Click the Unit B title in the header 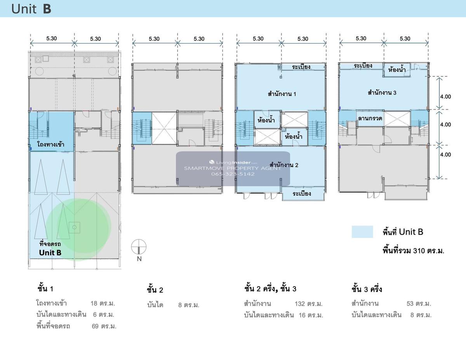(31, 9)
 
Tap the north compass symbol (139, 247)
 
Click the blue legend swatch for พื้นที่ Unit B (362, 232)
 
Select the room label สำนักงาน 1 (282, 93)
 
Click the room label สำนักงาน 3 (382, 92)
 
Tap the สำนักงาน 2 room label (284, 165)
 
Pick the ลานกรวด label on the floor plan (370, 118)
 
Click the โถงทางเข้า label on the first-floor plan (50, 144)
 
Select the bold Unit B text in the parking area (50, 253)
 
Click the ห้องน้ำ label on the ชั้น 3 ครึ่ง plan (397, 69)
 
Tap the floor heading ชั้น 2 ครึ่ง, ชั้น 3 (270, 289)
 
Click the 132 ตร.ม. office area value (309, 304)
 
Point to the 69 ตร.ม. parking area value (104, 326)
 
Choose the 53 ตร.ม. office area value (419, 303)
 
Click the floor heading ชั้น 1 (45, 289)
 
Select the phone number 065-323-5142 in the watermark (233, 174)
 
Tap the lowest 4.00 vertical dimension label (445, 154)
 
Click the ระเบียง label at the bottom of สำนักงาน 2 (302, 194)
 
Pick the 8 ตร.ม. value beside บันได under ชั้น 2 (189, 305)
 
